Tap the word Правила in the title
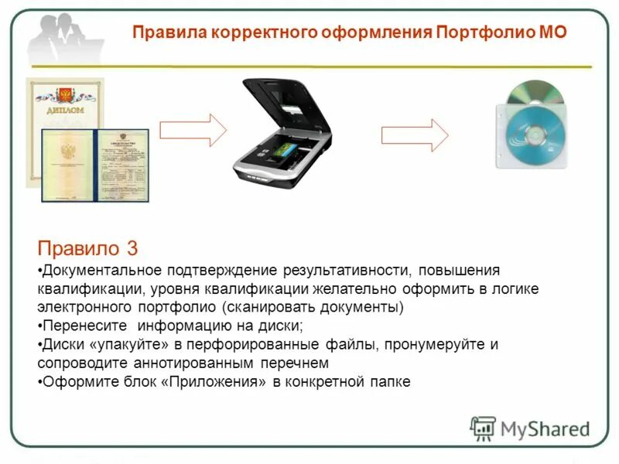[x=162, y=32]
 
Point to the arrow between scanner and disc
[x=415, y=135]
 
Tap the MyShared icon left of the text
[x=483, y=428]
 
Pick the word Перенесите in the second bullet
[x=81, y=326]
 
